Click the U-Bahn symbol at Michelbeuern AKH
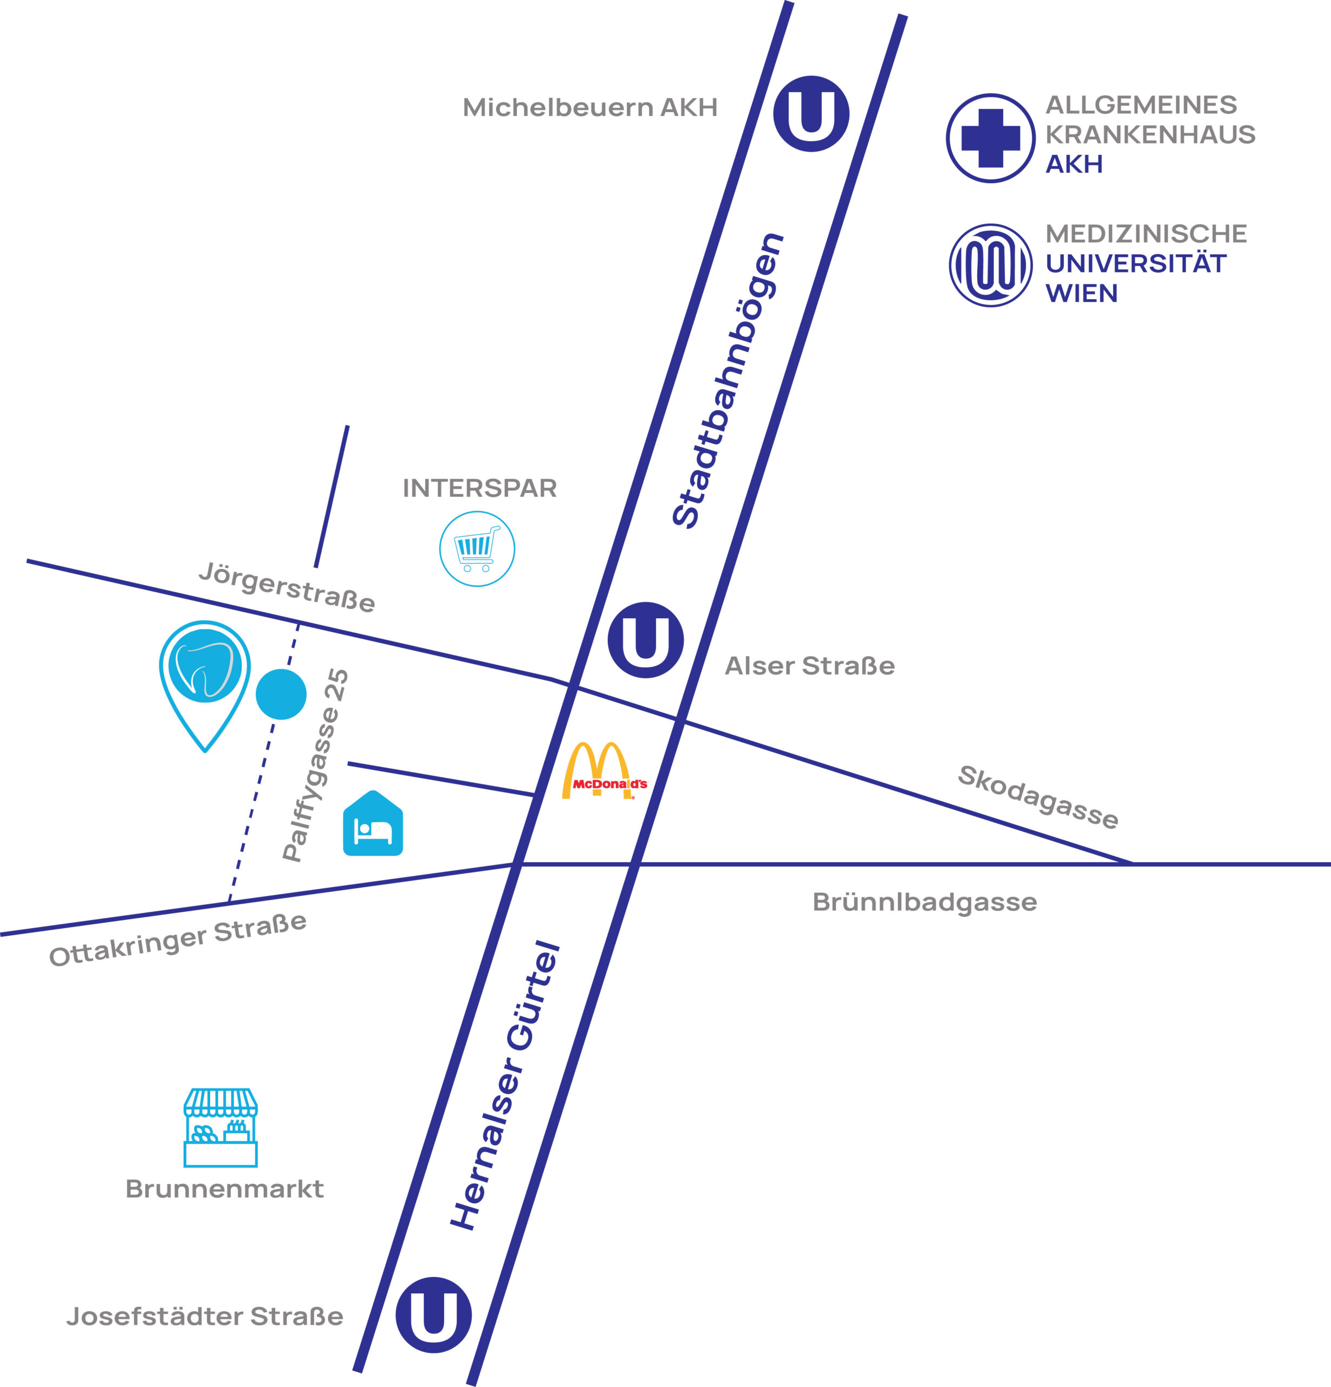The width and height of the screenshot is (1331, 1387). (811, 114)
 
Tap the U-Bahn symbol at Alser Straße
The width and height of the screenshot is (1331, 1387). (645, 640)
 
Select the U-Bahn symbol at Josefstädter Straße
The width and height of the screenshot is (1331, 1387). (433, 1315)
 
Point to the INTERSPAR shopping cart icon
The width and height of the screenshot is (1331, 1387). (477, 549)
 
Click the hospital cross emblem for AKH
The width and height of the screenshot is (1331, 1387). (991, 138)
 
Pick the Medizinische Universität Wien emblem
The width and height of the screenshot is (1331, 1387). (991, 265)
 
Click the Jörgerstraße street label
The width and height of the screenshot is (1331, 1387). (287, 587)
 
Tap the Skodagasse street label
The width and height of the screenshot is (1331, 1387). (1038, 797)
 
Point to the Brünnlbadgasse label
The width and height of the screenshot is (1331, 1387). (924, 902)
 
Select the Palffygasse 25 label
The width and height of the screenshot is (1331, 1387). (316, 765)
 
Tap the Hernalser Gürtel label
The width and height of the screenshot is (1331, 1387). (505, 1086)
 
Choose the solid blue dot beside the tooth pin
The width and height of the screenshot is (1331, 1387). (281, 694)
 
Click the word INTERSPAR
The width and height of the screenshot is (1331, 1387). (480, 488)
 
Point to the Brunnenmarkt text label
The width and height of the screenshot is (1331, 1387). (224, 1189)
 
